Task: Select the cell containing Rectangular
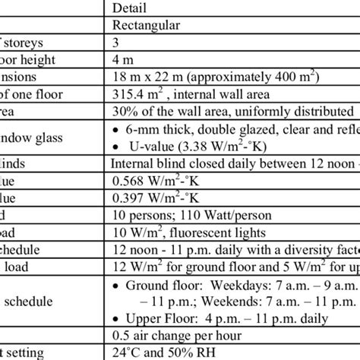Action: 145,26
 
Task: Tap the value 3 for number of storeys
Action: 115,43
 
